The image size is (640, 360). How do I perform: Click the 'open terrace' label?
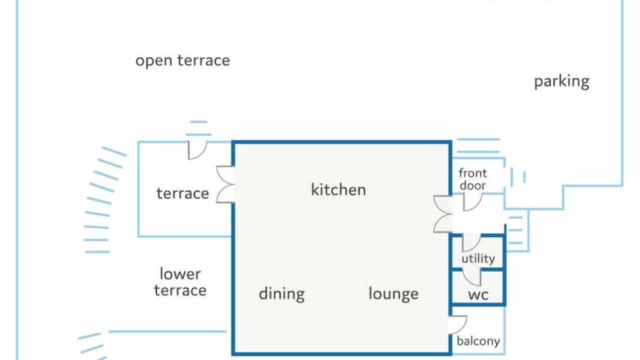coord(182,61)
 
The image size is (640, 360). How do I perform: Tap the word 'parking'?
coord(561,81)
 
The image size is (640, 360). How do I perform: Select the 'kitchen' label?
coord(338,190)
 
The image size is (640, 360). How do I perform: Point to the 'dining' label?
coord(281,294)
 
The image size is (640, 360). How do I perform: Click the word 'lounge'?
coord(393,294)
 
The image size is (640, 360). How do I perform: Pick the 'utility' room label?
coord(478,258)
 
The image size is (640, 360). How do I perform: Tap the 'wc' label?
coord(478,294)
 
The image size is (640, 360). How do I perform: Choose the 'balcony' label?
coord(478,341)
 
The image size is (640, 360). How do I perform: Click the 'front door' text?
coord(472,179)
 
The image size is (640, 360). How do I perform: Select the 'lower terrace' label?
coord(180,282)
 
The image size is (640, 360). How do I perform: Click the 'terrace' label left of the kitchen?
coord(182,193)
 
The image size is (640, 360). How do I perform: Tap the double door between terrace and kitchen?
coord(225,184)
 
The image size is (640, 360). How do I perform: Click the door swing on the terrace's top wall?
coord(196,149)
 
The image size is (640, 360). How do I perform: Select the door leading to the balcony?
coord(457,324)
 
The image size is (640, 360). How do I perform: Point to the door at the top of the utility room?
coord(471,242)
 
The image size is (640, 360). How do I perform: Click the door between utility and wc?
coord(471,276)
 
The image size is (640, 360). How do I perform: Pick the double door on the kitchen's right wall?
coord(443,214)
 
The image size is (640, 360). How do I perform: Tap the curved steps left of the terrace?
coord(102,200)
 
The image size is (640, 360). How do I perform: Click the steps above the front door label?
coord(478,145)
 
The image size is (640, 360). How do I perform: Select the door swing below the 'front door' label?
coord(472,201)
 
